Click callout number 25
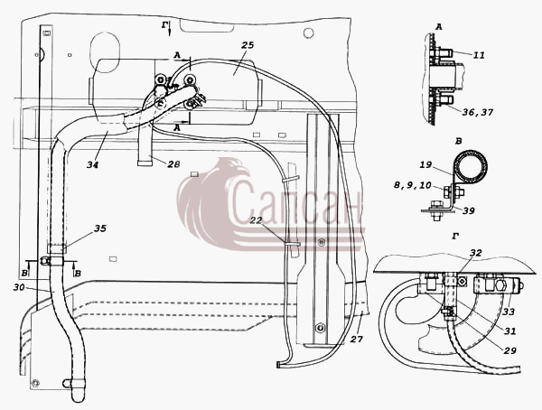point(248,45)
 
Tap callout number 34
point(92,164)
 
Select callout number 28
point(173,163)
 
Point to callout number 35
point(100,228)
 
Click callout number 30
point(20,287)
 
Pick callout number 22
point(256,219)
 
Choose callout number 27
point(357,340)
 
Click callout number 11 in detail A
point(479,55)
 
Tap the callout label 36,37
point(478,112)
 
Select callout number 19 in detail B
point(425,164)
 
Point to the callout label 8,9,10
point(413,185)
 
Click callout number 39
point(468,210)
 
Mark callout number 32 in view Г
point(476,252)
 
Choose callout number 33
point(509,312)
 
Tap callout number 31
point(509,331)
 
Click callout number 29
point(509,350)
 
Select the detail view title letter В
point(459,141)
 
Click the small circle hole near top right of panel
point(308,33)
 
